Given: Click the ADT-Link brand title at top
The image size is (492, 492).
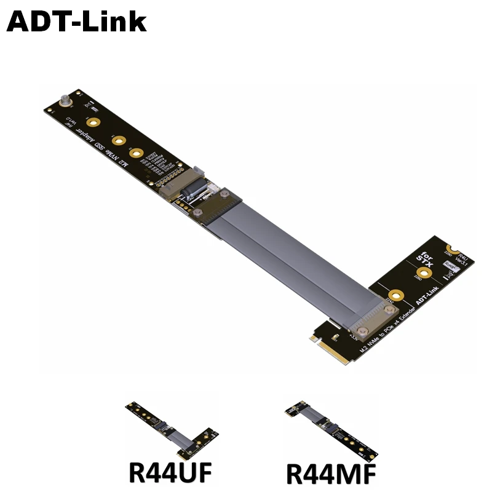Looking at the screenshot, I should (x=77, y=22).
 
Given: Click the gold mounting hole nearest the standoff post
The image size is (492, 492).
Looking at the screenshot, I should (x=92, y=123).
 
